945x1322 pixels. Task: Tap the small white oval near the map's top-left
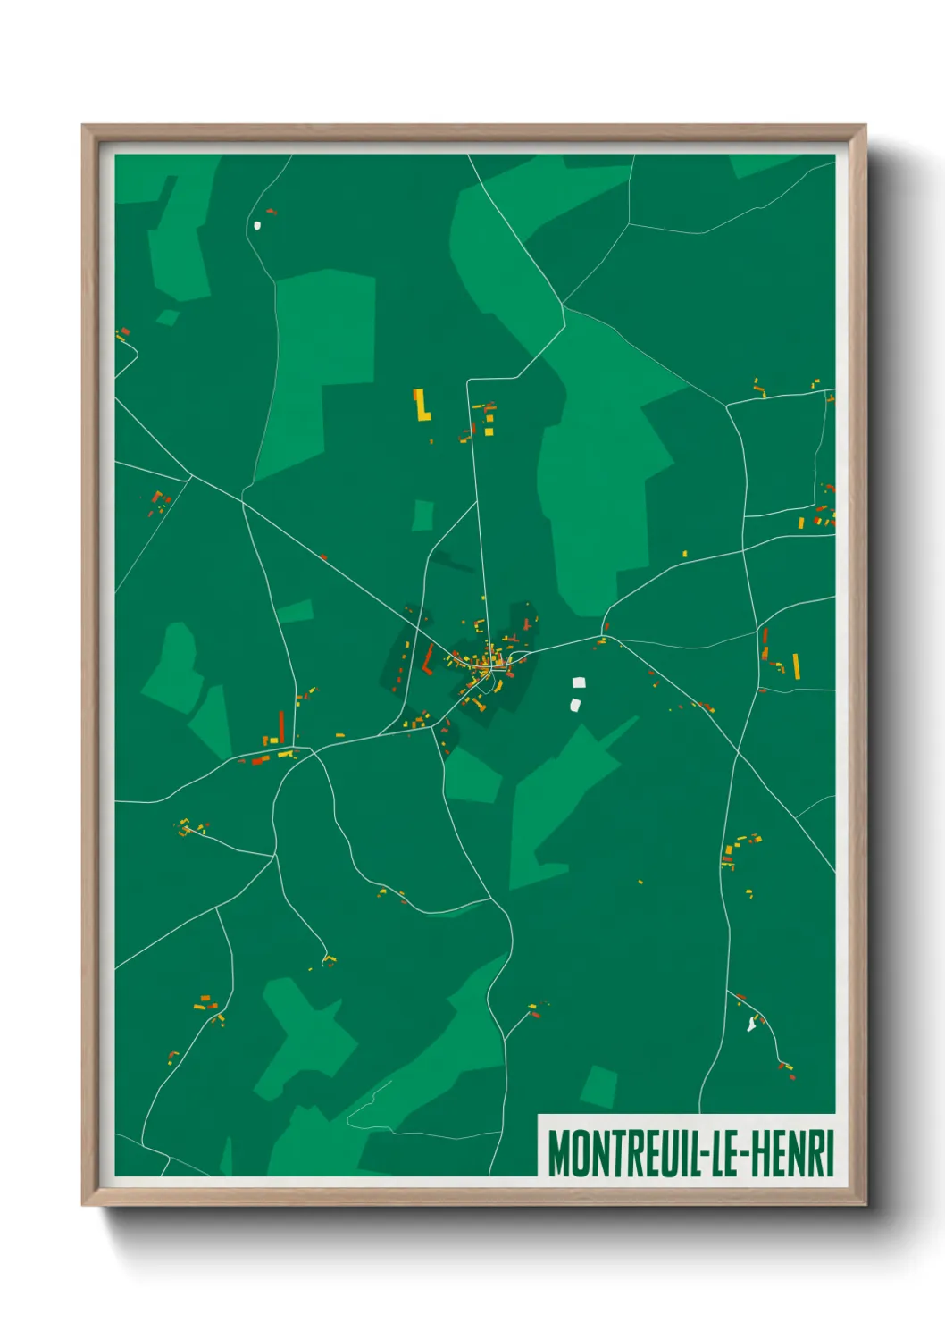[257, 225]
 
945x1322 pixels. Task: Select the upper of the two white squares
[579, 682]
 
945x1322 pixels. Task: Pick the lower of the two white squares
[576, 705]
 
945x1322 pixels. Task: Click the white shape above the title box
[751, 1025]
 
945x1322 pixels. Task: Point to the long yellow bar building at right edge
[796, 666]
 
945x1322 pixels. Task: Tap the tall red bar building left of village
[281, 726]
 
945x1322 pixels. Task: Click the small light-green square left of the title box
[598, 1086]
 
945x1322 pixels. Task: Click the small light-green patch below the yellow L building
[422, 515]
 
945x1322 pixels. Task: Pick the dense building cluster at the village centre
[487, 661]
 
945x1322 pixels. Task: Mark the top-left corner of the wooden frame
[84, 126]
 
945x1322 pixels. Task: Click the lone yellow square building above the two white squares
[685, 555]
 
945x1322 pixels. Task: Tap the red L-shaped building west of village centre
[428, 660]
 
